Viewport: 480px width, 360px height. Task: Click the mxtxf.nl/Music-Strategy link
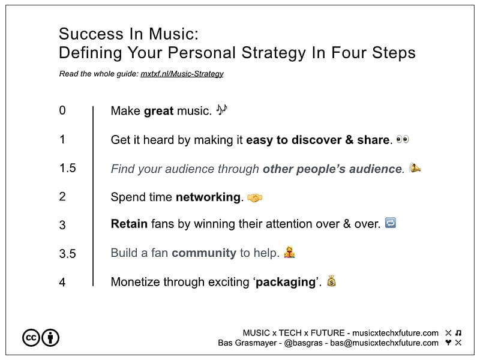[182, 74]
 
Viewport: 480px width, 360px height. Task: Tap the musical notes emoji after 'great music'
[221, 110]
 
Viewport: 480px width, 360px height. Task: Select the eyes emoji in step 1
[402, 139]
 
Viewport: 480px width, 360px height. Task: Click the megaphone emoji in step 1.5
[415, 167]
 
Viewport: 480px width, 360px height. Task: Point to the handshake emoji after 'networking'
[254, 198]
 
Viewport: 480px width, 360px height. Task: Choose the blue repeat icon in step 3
[391, 223]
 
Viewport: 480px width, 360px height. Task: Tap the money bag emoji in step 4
[331, 281]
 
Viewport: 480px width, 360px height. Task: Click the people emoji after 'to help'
[289, 252]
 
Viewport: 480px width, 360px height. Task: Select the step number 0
[62, 110]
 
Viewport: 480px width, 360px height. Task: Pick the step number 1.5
[68, 168]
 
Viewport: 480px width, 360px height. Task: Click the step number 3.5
[68, 254]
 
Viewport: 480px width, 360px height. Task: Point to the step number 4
[62, 282]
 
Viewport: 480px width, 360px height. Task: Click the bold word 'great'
[158, 111]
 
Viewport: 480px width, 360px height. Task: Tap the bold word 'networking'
[208, 197]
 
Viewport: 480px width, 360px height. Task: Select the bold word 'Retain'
[129, 224]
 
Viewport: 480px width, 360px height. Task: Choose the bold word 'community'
[204, 253]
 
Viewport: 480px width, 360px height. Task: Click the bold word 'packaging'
[286, 282]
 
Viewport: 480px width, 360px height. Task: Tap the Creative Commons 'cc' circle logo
[31, 338]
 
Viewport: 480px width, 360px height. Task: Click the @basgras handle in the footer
[303, 343]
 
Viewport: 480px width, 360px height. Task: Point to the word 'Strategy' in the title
[274, 53]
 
